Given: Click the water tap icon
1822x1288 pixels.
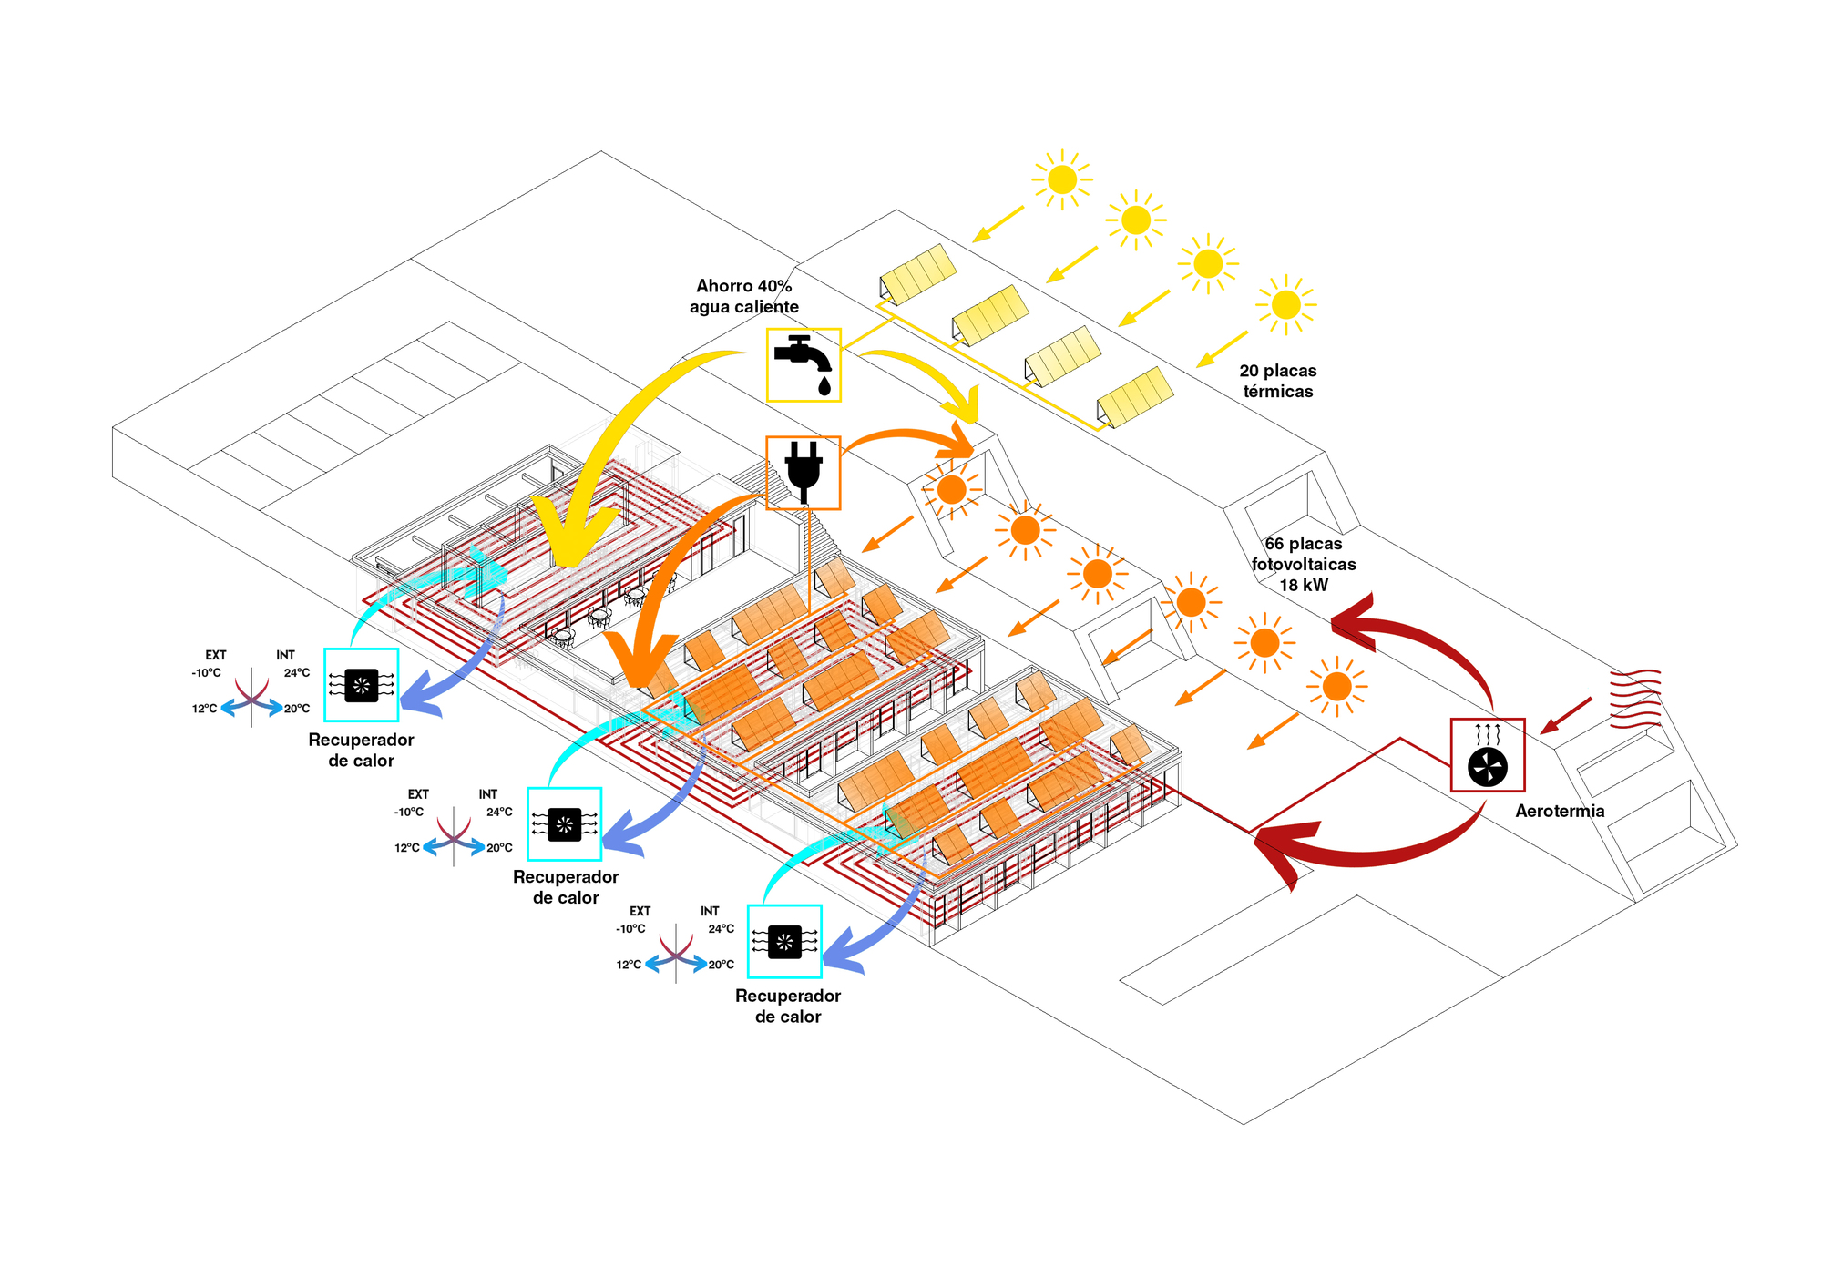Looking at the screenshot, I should (x=803, y=364).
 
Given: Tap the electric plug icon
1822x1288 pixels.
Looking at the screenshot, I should (x=803, y=472).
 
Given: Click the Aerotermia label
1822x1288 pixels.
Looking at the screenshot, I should (x=1559, y=811).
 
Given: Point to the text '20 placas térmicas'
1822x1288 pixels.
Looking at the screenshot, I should (x=1277, y=381).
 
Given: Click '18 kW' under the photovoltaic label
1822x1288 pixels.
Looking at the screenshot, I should (x=1303, y=585).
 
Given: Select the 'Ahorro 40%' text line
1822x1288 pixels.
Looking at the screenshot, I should (x=743, y=286).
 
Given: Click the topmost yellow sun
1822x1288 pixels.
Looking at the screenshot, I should (x=1061, y=179).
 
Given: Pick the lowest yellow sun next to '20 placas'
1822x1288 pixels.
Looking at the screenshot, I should (x=1285, y=304).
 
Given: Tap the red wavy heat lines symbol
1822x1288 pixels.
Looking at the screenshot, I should (x=1635, y=699).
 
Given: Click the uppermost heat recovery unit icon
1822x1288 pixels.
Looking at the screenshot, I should (x=361, y=685).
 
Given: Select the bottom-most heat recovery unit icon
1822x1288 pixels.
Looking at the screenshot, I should (x=784, y=942).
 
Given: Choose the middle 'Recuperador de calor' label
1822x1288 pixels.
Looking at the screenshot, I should (x=565, y=887).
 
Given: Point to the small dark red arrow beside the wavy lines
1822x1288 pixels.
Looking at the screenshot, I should (x=1566, y=715).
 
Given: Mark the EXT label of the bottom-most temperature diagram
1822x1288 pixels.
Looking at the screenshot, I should (x=640, y=911).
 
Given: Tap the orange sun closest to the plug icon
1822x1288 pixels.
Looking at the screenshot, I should (x=951, y=489).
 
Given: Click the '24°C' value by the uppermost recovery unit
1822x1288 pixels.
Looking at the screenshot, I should (x=296, y=673).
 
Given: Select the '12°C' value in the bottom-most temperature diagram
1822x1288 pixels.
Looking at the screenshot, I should (x=629, y=965).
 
